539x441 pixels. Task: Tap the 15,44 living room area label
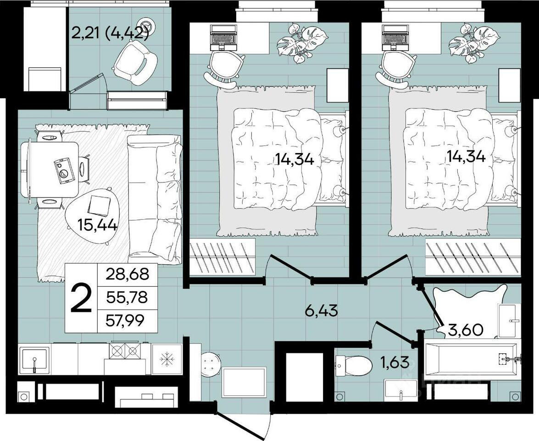pyautogui.click(x=98, y=226)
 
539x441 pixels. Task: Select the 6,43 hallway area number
pyautogui.click(x=322, y=311)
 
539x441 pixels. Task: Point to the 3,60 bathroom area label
pyautogui.click(x=466, y=330)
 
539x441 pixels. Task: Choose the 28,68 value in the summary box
pyautogui.click(x=128, y=274)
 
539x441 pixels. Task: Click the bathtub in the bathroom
pyautogui.click(x=471, y=359)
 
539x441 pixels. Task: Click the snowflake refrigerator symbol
pyautogui.click(x=167, y=359)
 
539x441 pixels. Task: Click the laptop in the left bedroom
pyautogui.click(x=222, y=37)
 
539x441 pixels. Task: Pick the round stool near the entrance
pyautogui.click(x=211, y=365)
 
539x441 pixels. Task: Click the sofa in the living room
pyautogui.click(x=154, y=200)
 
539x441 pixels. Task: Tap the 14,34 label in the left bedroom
pyautogui.click(x=294, y=159)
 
